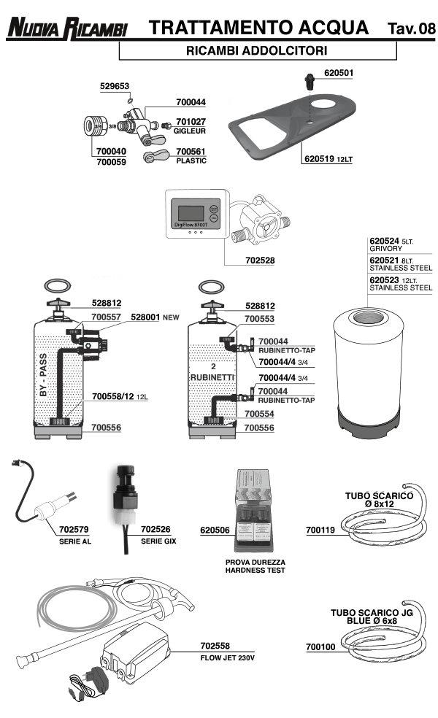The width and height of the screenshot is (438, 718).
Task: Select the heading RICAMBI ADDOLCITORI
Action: point(256,50)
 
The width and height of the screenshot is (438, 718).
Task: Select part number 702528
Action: point(241,259)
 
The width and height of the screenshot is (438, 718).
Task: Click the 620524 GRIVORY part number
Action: point(385,240)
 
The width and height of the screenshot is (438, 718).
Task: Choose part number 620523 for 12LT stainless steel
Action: point(385,279)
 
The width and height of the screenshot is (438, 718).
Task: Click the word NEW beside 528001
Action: point(171,317)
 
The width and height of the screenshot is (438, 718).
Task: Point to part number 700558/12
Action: point(113,398)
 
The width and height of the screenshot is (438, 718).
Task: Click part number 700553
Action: point(259,319)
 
